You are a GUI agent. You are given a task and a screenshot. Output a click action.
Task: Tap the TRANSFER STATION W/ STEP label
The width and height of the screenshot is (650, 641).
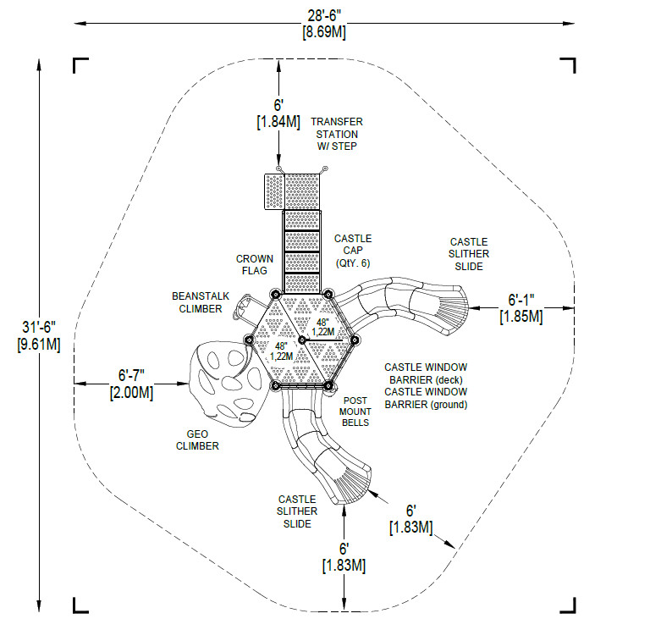[337, 134]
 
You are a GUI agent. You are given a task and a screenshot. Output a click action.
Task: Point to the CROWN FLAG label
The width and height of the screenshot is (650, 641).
[255, 264]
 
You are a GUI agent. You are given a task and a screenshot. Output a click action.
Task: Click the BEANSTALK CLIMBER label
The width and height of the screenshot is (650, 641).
[201, 302]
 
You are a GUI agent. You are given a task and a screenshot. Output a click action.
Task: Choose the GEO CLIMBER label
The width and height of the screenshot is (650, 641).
[197, 440]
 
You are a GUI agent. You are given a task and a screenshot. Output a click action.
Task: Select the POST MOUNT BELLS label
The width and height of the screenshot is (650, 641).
[355, 412]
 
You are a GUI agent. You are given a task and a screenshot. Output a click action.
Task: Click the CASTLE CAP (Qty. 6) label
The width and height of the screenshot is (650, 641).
[353, 251]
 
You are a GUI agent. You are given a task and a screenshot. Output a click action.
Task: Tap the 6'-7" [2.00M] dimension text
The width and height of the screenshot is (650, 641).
[131, 384]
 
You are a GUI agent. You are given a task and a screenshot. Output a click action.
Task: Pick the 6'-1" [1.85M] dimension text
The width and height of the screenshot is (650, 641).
[521, 307]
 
